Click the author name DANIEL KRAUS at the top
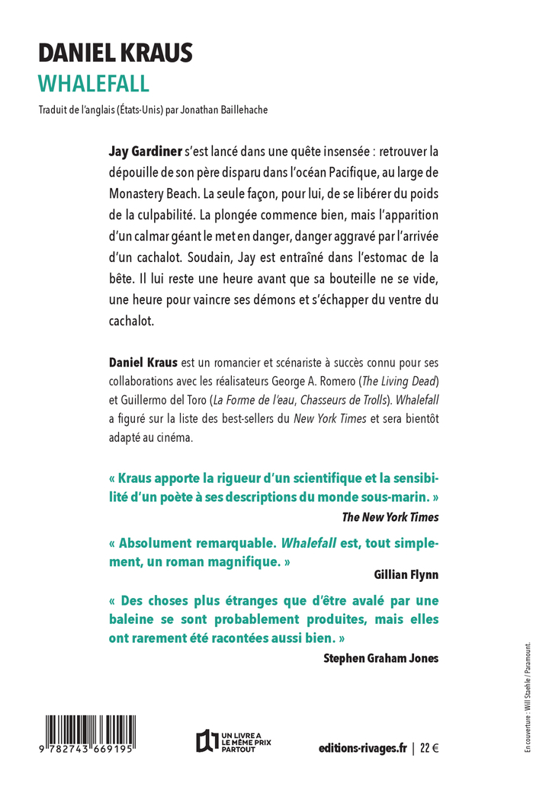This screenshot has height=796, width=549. tap(115, 53)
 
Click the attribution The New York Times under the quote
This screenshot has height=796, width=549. tap(390, 517)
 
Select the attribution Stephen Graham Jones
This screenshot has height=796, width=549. tap(381, 658)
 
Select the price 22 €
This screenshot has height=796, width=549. tap(429, 749)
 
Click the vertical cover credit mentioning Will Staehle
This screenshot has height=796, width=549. tap(527, 698)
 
